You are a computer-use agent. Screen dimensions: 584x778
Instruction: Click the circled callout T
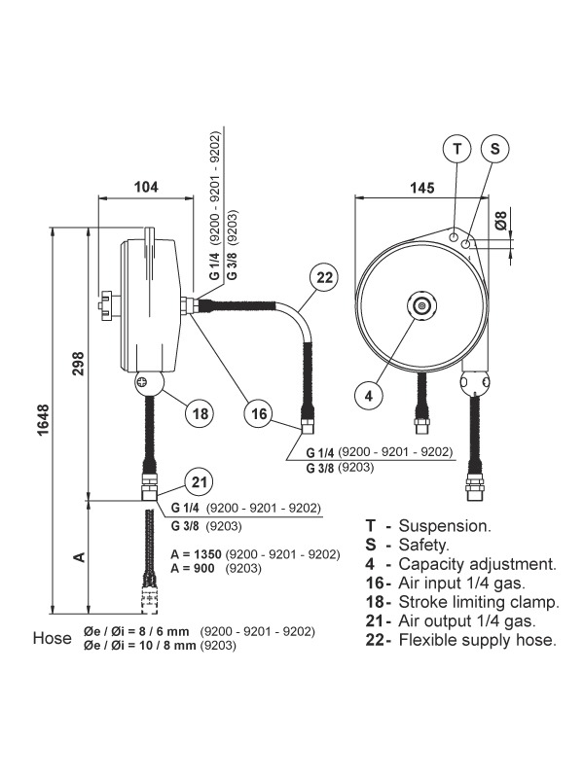click(456, 149)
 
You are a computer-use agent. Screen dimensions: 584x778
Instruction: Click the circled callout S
click(495, 149)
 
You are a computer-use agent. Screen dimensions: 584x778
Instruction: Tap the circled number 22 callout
click(324, 277)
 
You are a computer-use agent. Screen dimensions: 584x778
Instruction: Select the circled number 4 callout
click(369, 396)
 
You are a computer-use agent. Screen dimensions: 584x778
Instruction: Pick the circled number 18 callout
click(200, 413)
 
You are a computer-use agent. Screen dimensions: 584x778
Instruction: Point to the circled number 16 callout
click(259, 413)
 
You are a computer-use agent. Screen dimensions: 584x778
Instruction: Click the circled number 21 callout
click(200, 481)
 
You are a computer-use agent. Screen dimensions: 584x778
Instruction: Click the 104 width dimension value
click(147, 187)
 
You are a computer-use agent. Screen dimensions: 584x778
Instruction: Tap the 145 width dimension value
click(422, 188)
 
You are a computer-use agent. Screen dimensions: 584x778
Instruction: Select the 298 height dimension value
click(79, 363)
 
